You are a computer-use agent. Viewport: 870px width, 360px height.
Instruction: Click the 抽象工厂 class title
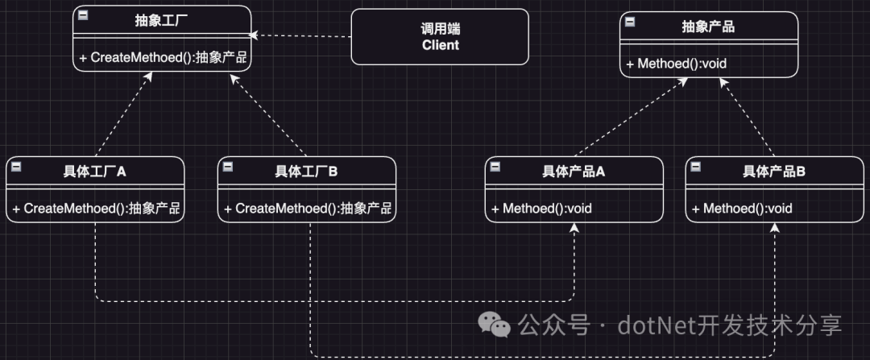(162, 20)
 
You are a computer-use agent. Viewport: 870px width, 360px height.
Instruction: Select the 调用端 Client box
(440, 36)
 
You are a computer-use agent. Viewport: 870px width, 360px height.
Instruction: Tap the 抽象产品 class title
(708, 27)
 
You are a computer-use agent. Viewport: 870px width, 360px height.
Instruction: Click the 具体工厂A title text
(95, 172)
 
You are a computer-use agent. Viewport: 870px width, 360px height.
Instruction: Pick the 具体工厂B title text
(306, 172)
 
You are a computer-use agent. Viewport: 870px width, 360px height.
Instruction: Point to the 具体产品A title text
(574, 172)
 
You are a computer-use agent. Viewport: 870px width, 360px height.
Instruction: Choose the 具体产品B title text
(774, 172)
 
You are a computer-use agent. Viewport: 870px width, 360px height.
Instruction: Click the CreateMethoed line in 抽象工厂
(162, 57)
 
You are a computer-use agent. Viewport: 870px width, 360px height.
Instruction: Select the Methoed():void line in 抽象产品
(676, 63)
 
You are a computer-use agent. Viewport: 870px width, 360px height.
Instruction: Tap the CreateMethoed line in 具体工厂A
(95, 209)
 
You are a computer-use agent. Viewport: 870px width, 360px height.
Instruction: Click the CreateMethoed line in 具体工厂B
(307, 209)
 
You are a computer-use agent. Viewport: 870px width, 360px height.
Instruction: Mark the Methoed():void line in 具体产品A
(541, 209)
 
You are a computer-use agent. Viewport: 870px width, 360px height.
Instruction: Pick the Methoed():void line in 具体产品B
(742, 209)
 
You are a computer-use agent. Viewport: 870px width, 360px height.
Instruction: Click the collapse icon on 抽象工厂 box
(83, 15)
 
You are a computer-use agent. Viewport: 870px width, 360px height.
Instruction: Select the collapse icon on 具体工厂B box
(228, 167)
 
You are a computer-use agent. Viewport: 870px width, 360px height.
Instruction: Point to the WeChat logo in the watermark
(495, 325)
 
